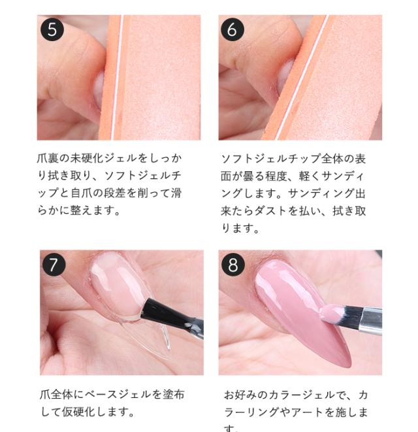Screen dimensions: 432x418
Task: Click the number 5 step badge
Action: [52, 30]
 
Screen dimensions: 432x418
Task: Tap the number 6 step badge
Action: [234, 30]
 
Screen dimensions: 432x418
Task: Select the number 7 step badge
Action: [54, 265]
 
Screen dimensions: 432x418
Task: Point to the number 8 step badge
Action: [234, 265]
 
